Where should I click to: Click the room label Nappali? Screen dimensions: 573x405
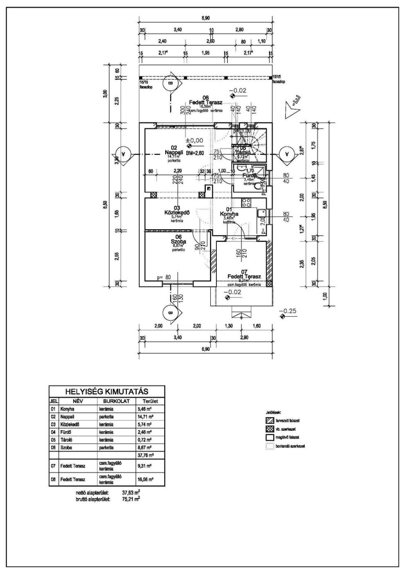173,152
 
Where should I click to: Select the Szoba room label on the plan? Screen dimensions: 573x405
178,242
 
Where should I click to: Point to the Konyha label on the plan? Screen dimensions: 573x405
229,214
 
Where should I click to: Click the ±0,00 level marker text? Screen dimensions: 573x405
194,140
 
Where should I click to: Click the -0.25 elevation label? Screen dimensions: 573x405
289,311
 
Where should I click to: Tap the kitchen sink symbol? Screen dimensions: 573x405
260,212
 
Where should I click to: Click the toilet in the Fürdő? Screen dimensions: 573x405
258,186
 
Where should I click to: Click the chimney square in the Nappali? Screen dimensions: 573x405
209,189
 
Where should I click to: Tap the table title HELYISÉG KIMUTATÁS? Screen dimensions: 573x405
106,392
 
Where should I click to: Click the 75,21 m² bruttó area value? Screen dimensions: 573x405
131,499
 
